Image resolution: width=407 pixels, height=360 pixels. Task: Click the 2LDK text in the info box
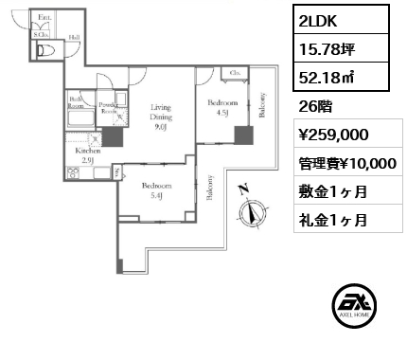319,21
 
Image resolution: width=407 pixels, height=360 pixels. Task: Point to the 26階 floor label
314,106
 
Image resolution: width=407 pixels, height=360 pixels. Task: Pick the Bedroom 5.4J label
157,190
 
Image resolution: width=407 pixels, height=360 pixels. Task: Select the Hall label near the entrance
73,38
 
